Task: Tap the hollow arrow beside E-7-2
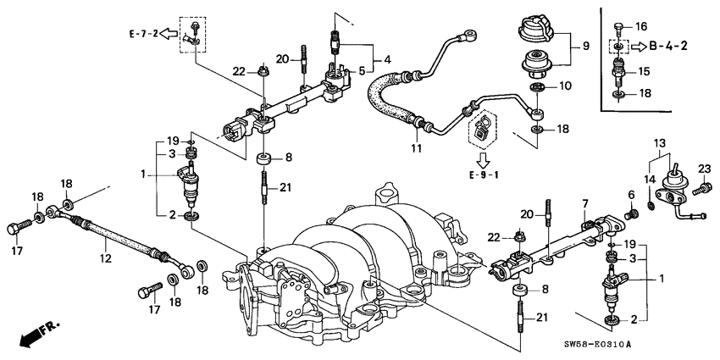point(169,35)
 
